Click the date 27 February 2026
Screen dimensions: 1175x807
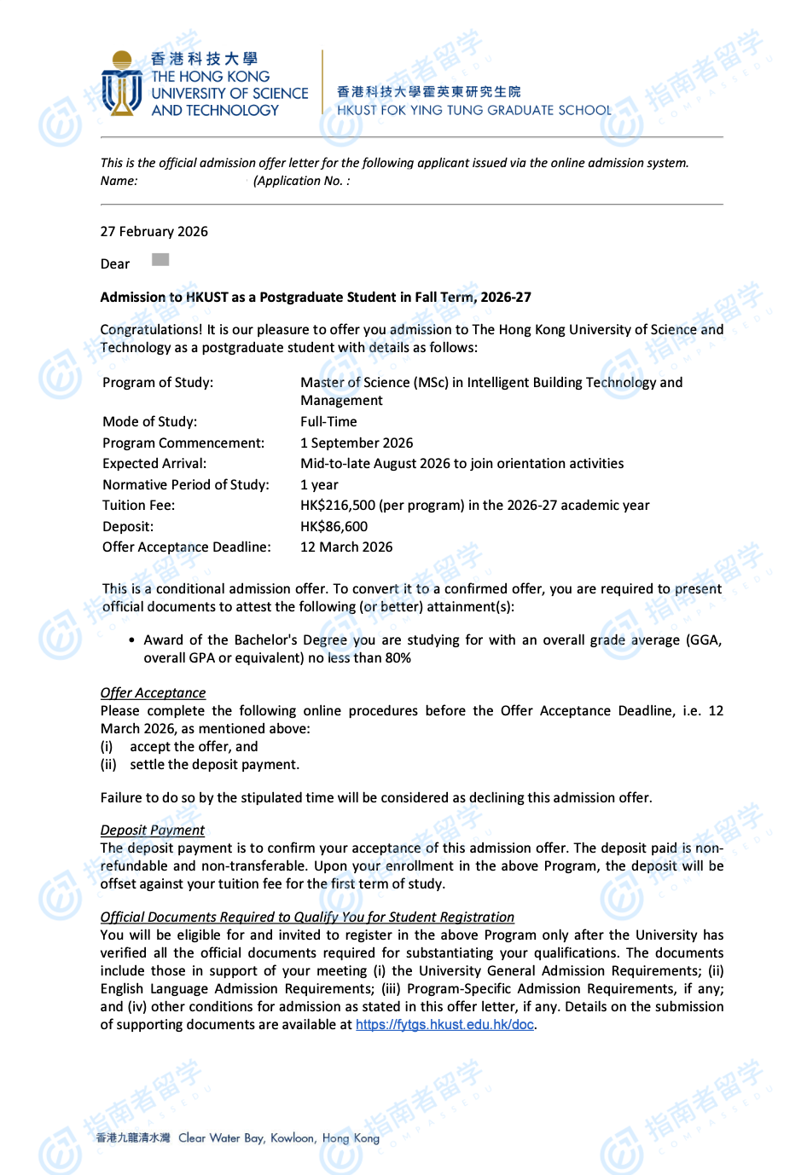(x=154, y=232)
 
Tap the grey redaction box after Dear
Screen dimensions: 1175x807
(x=160, y=260)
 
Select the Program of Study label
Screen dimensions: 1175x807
(x=158, y=383)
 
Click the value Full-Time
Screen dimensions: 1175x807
(x=328, y=422)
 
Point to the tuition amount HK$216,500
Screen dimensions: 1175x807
(x=339, y=506)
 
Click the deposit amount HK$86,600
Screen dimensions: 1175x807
(x=334, y=527)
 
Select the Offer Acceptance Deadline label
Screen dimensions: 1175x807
(x=186, y=547)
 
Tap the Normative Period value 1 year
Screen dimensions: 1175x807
(x=319, y=485)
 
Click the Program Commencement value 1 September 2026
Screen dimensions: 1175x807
(x=357, y=443)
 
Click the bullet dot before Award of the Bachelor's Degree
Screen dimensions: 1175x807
(x=131, y=640)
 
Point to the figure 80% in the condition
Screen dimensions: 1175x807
(x=398, y=658)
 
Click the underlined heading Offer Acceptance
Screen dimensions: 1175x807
(x=153, y=693)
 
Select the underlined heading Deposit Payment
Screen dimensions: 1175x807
(x=152, y=831)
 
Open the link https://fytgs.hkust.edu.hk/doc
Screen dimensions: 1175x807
(x=444, y=1025)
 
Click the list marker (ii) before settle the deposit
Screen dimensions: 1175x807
(x=108, y=765)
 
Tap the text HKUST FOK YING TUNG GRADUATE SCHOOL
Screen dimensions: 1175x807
(x=473, y=110)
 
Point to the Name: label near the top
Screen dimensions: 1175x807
(x=119, y=181)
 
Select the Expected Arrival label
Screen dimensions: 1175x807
(x=154, y=464)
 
